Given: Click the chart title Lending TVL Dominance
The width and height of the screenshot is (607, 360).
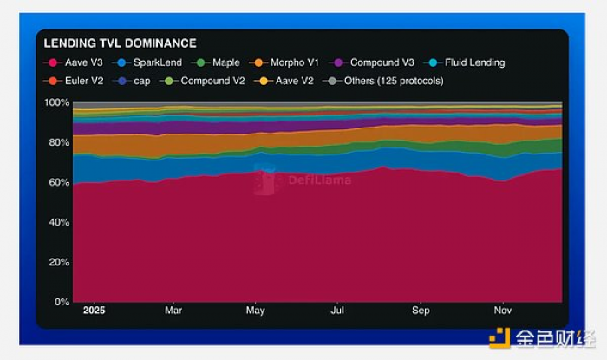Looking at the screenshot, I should click(120, 43).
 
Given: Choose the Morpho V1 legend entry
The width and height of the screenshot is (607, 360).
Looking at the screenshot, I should click(288, 62).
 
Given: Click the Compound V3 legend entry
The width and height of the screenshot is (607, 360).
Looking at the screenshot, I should click(375, 62).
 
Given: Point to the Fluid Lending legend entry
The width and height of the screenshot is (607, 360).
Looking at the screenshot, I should click(467, 62).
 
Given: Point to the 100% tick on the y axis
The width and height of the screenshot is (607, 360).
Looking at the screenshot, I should click(56, 102).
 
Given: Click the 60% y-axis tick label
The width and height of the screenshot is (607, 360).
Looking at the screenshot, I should click(59, 182).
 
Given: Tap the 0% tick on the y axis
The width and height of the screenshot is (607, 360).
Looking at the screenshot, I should click(62, 302).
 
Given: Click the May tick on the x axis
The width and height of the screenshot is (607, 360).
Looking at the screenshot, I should click(255, 310).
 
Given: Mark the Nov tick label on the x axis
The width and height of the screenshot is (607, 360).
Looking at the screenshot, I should click(502, 310).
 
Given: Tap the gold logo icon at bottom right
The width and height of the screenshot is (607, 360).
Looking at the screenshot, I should click(500, 338).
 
